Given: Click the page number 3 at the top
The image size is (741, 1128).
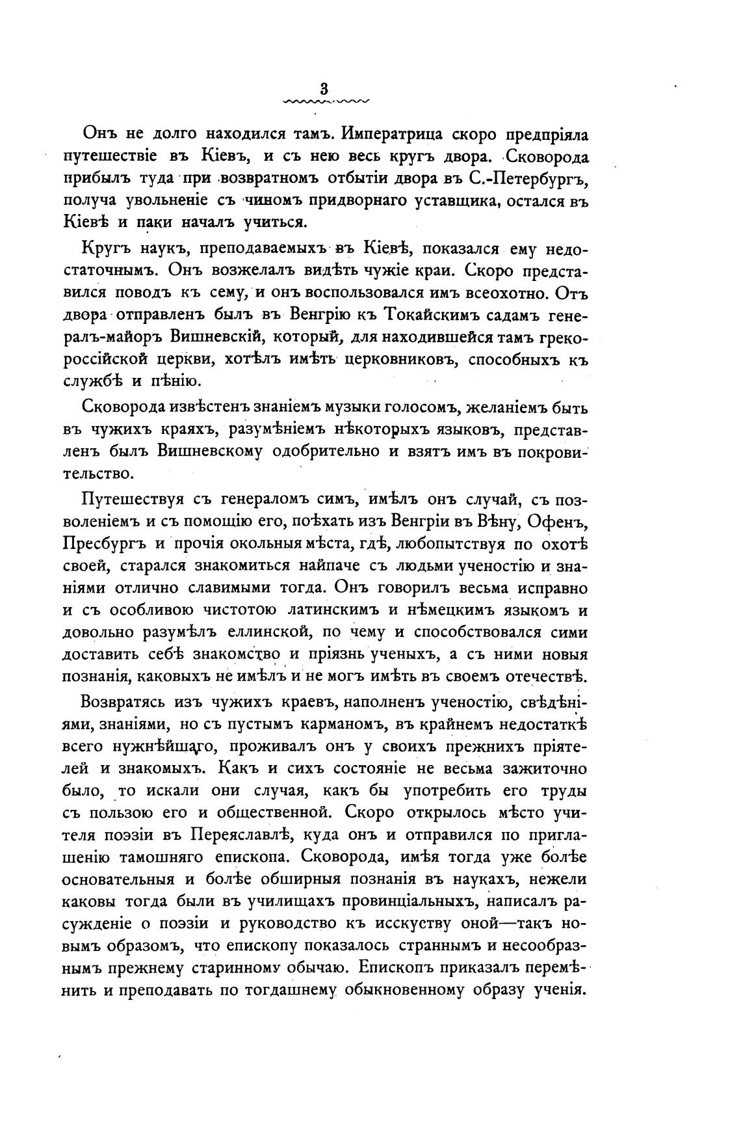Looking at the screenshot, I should tap(324, 89).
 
